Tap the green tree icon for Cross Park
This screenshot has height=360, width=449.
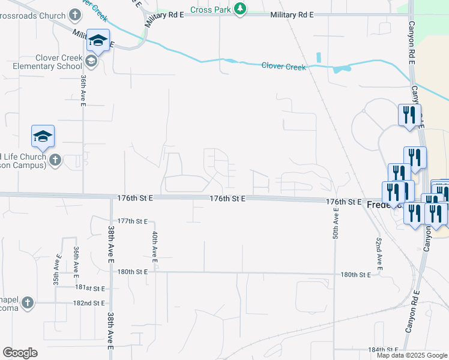pos(240,9)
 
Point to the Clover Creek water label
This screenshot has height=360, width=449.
pos(283,66)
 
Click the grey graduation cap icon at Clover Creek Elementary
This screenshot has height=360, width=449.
pos(91,60)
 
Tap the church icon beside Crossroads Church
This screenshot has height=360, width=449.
pos(75,13)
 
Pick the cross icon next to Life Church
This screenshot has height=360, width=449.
pos(55,160)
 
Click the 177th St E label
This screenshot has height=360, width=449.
pos(133,221)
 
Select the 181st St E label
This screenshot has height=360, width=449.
pos(90,289)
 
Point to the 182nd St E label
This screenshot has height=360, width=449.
pos(89,303)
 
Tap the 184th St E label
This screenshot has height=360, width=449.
pos(384,349)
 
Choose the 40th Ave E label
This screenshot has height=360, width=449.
pos(154,247)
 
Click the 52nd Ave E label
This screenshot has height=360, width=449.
pos(379,252)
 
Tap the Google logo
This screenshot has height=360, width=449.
pos(20,352)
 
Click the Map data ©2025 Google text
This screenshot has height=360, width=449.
pos(411,355)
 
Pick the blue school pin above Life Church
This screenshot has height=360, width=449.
pos(43,136)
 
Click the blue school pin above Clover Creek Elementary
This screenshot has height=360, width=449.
pos(98,40)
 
